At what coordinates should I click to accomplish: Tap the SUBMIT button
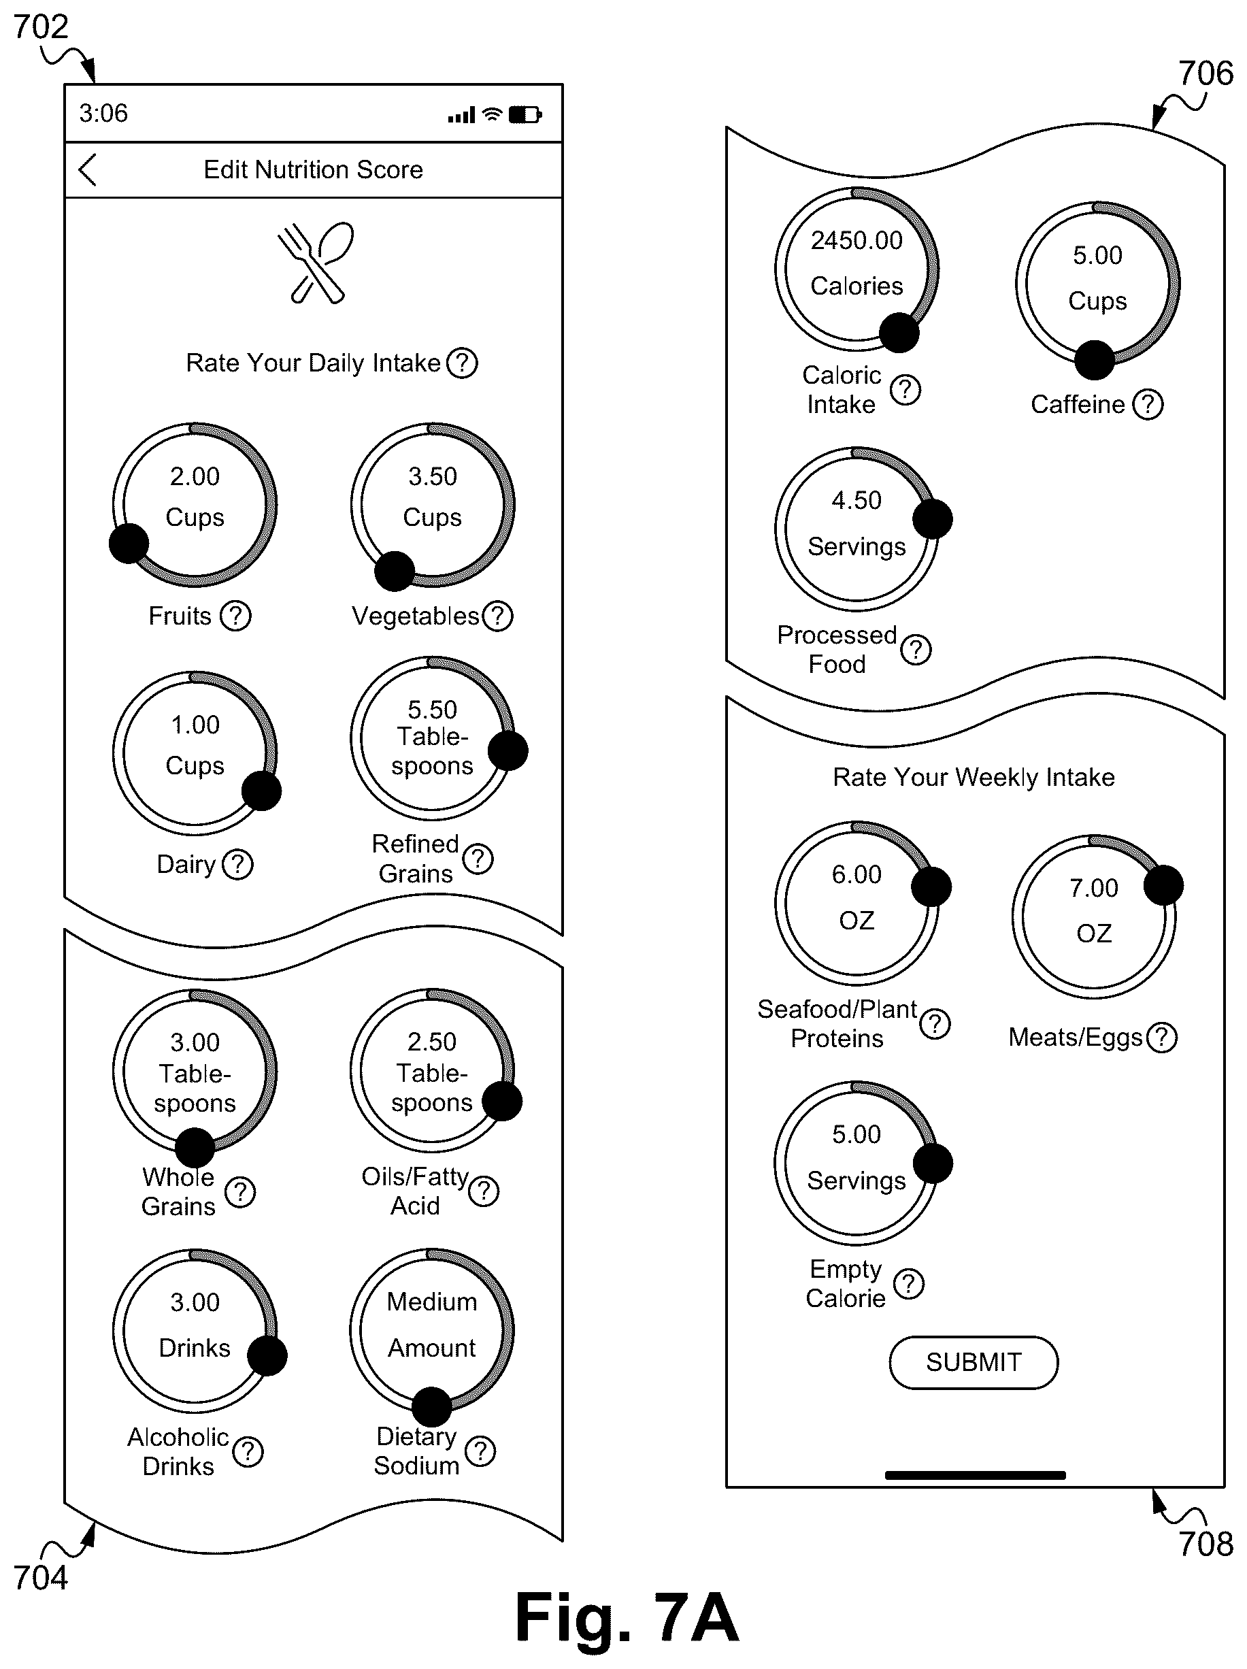pyautogui.click(x=973, y=1362)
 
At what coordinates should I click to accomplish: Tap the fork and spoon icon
pyautogui.click(x=316, y=263)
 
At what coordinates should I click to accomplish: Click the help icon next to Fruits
pyautogui.click(x=235, y=616)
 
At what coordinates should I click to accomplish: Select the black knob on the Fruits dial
pyautogui.click(x=129, y=543)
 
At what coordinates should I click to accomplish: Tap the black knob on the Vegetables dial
pyautogui.click(x=395, y=571)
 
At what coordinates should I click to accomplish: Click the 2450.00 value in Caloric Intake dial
pyautogui.click(x=857, y=240)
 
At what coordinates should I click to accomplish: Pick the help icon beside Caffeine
pyautogui.click(x=1148, y=404)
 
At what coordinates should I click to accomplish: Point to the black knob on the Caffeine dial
pyautogui.click(x=1095, y=360)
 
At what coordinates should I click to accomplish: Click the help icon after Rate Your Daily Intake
pyautogui.click(x=462, y=363)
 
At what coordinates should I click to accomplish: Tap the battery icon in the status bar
pyautogui.click(x=525, y=115)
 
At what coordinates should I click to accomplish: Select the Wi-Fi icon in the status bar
pyautogui.click(x=492, y=114)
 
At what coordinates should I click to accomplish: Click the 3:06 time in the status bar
pyautogui.click(x=103, y=113)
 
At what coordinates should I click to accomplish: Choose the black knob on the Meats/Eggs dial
pyautogui.click(x=1163, y=885)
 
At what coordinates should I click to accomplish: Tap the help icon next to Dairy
pyautogui.click(x=237, y=864)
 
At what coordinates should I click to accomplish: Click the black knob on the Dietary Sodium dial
pyautogui.click(x=431, y=1407)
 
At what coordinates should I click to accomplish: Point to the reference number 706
pyautogui.click(x=1206, y=74)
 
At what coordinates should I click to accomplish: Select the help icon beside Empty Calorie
pyautogui.click(x=908, y=1283)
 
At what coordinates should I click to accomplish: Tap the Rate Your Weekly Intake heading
pyautogui.click(x=973, y=777)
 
